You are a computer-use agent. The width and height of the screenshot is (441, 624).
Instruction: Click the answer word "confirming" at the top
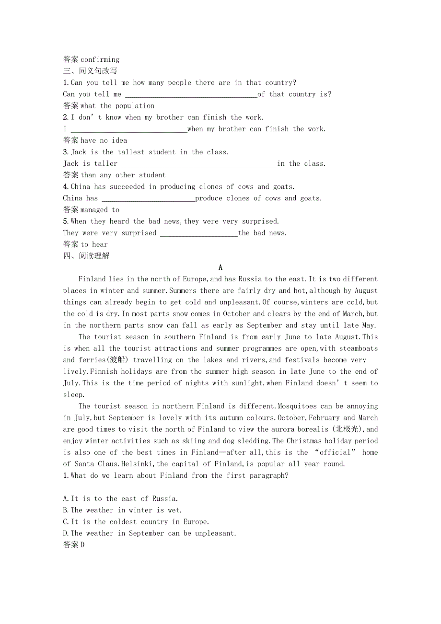point(100,60)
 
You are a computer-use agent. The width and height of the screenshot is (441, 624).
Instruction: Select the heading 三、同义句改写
point(90,71)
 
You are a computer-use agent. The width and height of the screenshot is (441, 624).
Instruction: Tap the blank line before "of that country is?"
point(191,95)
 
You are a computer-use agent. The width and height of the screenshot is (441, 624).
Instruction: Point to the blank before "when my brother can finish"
point(128,129)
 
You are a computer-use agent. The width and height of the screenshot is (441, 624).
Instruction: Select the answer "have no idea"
point(104,140)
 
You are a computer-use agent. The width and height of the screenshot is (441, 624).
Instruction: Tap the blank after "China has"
point(149,198)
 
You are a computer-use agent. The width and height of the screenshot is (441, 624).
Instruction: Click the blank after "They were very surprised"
point(198,233)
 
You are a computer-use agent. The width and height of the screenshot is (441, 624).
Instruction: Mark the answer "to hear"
point(94,244)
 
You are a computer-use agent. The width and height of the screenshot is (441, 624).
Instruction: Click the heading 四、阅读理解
point(86,256)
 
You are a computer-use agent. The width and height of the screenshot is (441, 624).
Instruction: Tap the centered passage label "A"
point(220,268)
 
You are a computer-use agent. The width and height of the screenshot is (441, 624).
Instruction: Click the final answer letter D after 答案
point(82,545)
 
